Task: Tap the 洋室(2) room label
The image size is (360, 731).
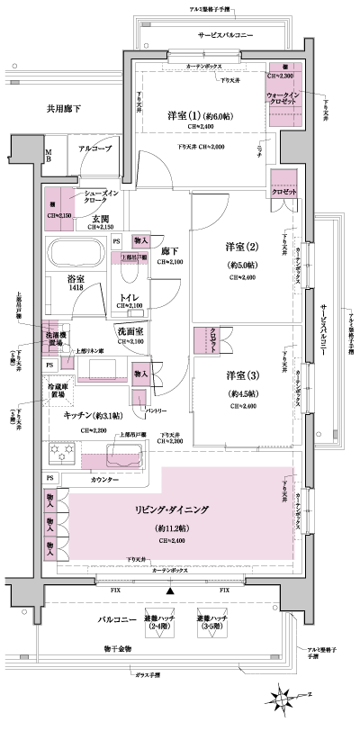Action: (241, 247)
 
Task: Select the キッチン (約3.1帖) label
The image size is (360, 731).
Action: (94, 417)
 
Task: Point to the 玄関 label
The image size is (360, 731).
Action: (99, 218)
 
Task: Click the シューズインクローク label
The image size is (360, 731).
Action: (101, 198)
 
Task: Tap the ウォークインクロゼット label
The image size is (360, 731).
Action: (288, 100)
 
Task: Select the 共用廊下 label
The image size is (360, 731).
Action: (64, 109)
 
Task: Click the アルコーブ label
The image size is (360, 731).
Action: (94, 148)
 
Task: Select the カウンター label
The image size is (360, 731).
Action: (106, 481)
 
